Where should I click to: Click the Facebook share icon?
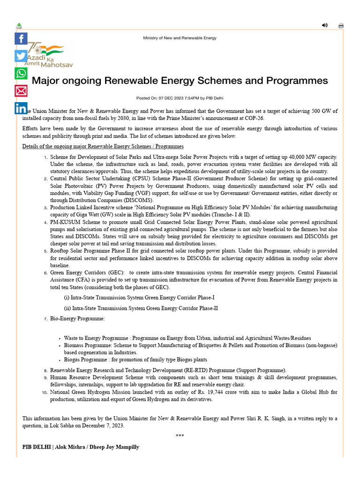(21, 38)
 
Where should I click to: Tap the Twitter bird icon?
(21, 56)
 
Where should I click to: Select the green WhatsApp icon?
(21, 73)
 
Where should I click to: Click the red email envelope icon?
(21, 90)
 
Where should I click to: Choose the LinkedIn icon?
(21, 108)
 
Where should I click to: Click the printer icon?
(341, 26)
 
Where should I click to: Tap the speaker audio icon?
(325, 25)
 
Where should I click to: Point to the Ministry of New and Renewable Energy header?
(180, 38)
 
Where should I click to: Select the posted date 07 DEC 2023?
(173, 98)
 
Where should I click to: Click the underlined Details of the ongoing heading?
(103, 147)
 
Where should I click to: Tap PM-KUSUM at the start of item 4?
(65, 222)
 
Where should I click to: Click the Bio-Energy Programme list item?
(77, 319)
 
